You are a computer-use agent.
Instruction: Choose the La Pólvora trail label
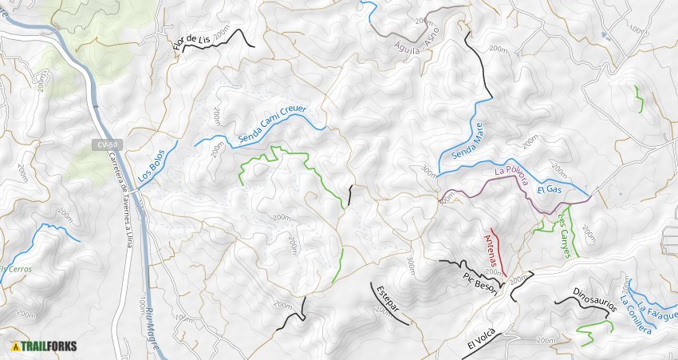(x=511, y=176)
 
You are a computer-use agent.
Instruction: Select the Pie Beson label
(x=480, y=283)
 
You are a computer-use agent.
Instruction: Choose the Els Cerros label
(x=16, y=269)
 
